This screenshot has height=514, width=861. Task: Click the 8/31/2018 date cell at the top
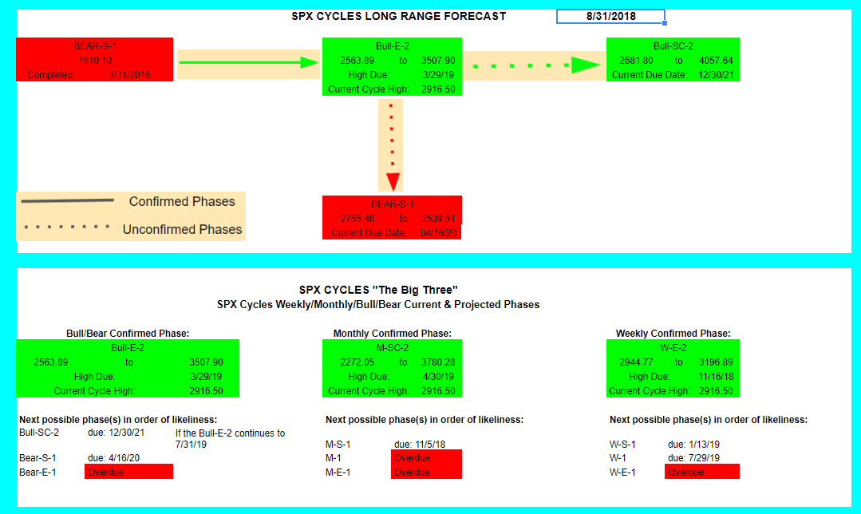pyautogui.click(x=610, y=17)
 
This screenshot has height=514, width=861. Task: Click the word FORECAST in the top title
pyautogui.click(x=475, y=17)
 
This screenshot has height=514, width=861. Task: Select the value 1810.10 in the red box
pyautogui.click(x=95, y=61)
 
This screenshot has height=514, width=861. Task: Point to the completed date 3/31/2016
pyautogui.click(x=129, y=75)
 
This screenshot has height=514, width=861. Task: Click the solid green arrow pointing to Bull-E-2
pyautogui.click(x=249, y=62)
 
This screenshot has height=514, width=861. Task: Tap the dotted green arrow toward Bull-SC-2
pyautogui.click(x=536, y=65)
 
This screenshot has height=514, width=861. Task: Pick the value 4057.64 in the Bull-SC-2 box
pyautogui.click(x=716, y=61)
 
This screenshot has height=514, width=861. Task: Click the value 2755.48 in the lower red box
pyautogui.click(x=357, y=218)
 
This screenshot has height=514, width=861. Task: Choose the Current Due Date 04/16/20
pyautogui.click(x=438, y=233)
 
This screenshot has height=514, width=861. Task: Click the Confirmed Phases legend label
pyautogui.click(x=182, y=202)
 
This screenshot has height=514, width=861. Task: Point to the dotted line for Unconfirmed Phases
pyautogui.click(x=67, y=227)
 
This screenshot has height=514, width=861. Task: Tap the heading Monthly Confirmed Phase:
pyautogui.click(x=392, y=334)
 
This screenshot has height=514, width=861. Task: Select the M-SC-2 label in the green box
pyautogui.click(x=392, y=348)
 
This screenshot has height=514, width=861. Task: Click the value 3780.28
pyautogui.click(x=438, y=362)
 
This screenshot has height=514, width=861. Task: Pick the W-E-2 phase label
pyautogui.click(x=673, y=348)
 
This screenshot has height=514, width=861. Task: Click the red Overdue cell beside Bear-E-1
pyautogui.click(x=128, y=472)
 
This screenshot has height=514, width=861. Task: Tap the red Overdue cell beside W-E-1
pyautogui.click(x=701, y=472)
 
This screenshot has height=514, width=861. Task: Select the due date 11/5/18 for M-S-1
pyautogui.click(x=420, y=445)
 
